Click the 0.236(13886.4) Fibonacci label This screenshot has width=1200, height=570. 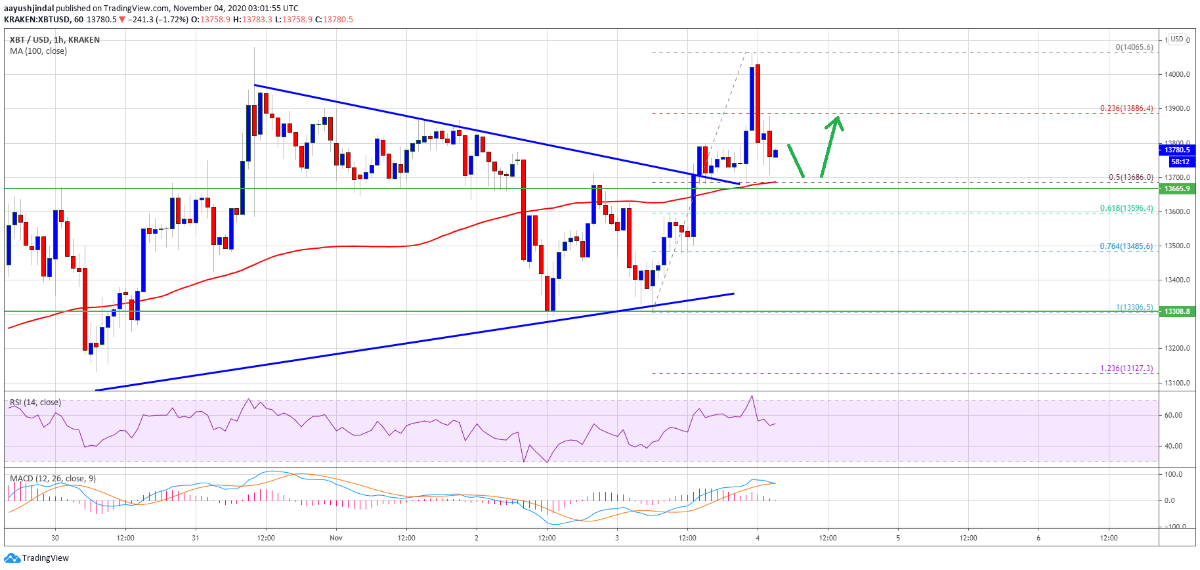click(1126, 108)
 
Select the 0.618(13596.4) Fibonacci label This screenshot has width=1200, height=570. click(1126, 208)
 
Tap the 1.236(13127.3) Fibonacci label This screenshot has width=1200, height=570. click(1126, 368)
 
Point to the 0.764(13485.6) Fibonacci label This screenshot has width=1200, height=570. click(1126, 246)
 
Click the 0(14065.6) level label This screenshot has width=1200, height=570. click(1134, 47)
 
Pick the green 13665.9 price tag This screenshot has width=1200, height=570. click(1177, 188)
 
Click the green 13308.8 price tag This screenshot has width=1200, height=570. click(1177, 311)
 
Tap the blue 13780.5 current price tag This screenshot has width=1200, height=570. click(1177, 150)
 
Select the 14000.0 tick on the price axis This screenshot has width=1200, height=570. click(1177, 74)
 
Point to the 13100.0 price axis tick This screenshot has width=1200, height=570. click(1177, 383)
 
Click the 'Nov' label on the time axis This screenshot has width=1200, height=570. click(336, 538)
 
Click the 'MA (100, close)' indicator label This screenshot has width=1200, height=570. click(38, 51)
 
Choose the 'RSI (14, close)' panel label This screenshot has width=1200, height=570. click(35, 403)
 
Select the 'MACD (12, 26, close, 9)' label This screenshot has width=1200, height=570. click(53, 479)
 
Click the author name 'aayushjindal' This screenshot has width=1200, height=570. click(29, 9)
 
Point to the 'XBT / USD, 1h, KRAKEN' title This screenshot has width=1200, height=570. click(54, 40)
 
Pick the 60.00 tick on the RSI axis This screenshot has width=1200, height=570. click(1173, 415)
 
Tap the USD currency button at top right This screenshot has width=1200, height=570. click(1177, 39)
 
